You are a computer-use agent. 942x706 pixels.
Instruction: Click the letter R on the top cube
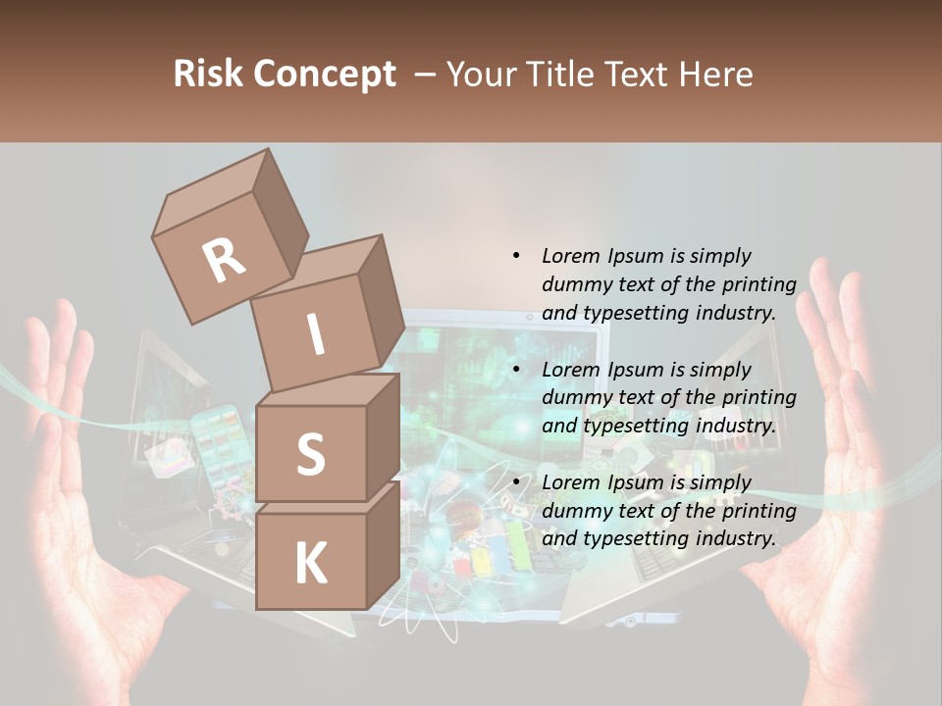225,261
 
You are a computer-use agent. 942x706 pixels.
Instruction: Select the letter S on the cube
310,454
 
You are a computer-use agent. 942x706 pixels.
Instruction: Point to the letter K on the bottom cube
310,563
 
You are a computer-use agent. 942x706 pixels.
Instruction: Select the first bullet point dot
516,256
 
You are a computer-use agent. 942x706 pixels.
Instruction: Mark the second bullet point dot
516,370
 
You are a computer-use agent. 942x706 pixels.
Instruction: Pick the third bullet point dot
516,482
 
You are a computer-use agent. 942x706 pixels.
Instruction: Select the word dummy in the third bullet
573,511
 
